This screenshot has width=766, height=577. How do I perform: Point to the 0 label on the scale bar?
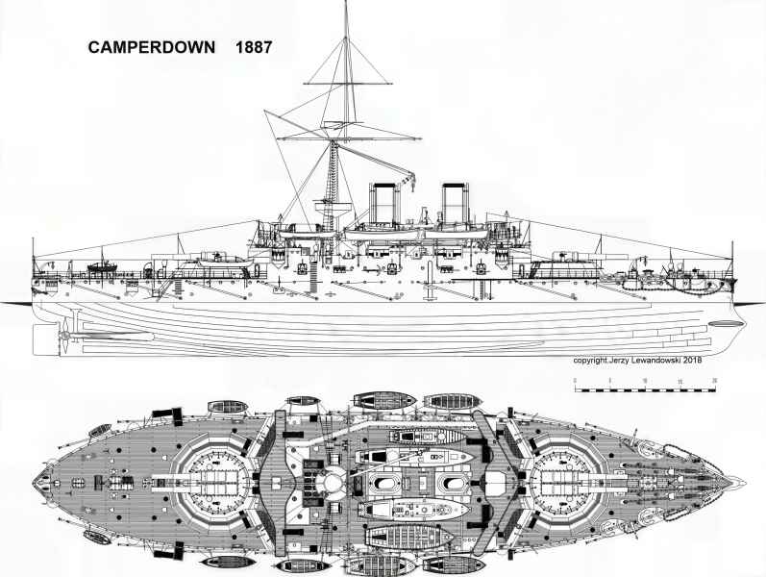tap(575, 381)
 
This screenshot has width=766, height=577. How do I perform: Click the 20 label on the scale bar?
tap(714, 381)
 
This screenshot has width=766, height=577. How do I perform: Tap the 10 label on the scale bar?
tap(645, 381)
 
